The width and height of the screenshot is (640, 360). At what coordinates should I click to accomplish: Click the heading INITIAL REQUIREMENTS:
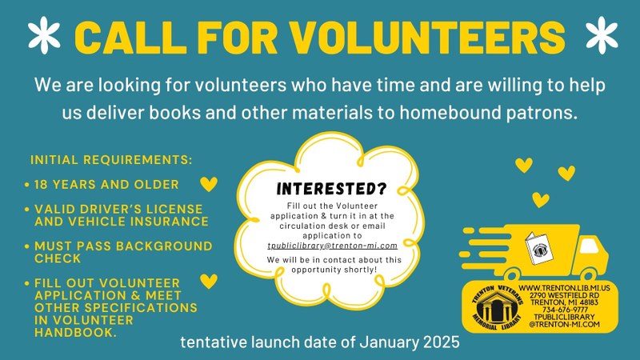(x=111, y=160)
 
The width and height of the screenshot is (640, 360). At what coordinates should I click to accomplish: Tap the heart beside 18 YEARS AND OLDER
(x=208, y=185)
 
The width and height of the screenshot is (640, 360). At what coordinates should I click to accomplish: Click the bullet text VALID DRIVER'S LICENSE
(x=112, y=209)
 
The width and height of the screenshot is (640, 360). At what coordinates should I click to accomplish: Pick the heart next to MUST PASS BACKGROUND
(x=206, y=244)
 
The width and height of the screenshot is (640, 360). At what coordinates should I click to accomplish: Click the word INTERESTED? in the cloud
(x=331, y=189)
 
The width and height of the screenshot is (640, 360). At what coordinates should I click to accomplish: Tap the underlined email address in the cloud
(x=332, y=245)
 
